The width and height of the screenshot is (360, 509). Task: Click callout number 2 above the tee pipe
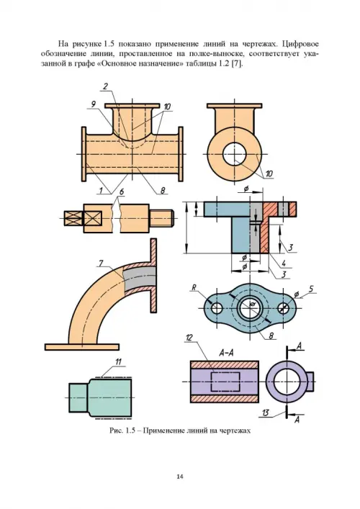click(106, 86)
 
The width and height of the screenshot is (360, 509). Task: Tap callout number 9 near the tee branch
click(94, 104)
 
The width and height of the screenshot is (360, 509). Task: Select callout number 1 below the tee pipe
click(101, 190)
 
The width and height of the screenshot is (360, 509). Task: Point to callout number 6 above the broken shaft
click(122, 192)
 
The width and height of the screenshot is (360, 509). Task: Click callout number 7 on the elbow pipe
click(101, 263)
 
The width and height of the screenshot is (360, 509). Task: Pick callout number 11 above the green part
click(118, 361)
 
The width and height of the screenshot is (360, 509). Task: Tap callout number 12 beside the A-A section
click(189, 338)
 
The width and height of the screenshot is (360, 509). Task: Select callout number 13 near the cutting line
click(265, 413)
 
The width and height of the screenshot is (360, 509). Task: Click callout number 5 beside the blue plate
click(311, 289)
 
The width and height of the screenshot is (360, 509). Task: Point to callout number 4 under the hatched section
click(284, 263)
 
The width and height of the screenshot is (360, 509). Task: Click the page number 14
click(180, 477)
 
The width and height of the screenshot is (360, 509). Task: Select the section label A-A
click(227, 353)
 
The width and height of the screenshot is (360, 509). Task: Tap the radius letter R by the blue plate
click(194, 287)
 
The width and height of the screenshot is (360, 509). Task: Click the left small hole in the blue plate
click(216, 308)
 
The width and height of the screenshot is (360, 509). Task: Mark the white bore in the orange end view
click(235, 154)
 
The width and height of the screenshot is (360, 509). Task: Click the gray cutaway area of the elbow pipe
click(140, 277)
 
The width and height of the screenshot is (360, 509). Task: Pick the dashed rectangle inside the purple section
click(225, 382)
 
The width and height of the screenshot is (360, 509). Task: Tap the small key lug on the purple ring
click(310, 381)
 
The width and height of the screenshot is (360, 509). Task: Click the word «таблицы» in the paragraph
click(198, 64)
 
